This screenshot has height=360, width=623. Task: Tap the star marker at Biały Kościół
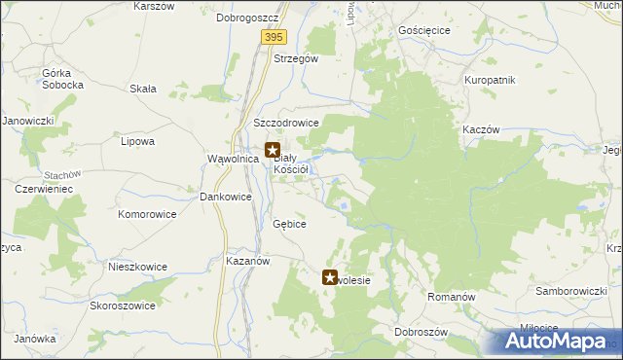tap(274, 151)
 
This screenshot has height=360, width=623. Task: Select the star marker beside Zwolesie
tap(330, 278)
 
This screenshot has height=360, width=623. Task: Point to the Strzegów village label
tap(296, 58)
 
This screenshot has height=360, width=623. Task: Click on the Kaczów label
tap(482, 129)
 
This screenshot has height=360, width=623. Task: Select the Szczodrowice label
tap(286, 124)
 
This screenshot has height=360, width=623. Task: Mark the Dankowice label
tap(226, 197)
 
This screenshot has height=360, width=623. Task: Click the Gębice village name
tap(290, 224)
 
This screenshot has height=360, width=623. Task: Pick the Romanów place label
tap(451, 295)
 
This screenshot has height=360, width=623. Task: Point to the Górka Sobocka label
tap(62, 79)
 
